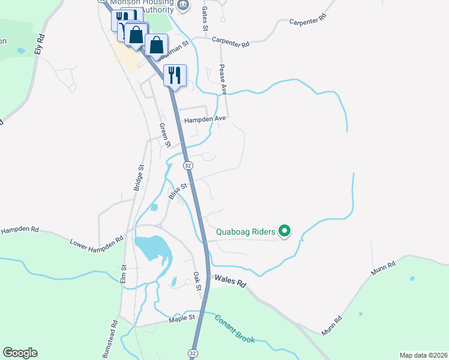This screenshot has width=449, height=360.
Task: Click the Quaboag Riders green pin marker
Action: pos(286,231)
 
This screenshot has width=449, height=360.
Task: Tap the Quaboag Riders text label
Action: pos(246,232)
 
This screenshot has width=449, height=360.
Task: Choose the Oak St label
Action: pos(196,281)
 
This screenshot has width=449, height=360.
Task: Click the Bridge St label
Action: pos(139,178)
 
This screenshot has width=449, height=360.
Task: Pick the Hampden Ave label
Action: pos(205,119)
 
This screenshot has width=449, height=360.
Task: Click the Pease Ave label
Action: pos(223,80)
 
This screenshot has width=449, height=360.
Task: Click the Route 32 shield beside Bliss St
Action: pos(188,166)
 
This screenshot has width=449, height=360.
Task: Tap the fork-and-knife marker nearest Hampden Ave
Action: pos(175,76)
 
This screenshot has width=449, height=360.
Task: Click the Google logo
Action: pos(20,353)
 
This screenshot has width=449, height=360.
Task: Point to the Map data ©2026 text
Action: pos(423,355)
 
